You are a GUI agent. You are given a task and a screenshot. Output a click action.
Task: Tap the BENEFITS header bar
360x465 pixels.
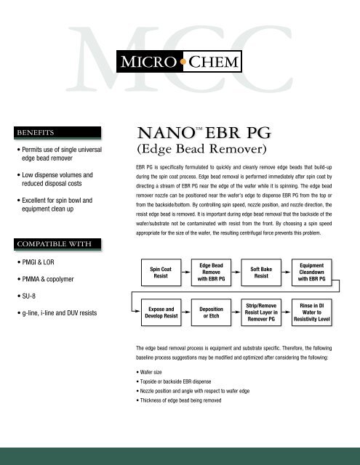pyautogui.click(x=57, y=134)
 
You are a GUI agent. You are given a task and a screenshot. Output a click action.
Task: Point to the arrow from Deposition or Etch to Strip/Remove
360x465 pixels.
pyautogui.click(x=239, y=314)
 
